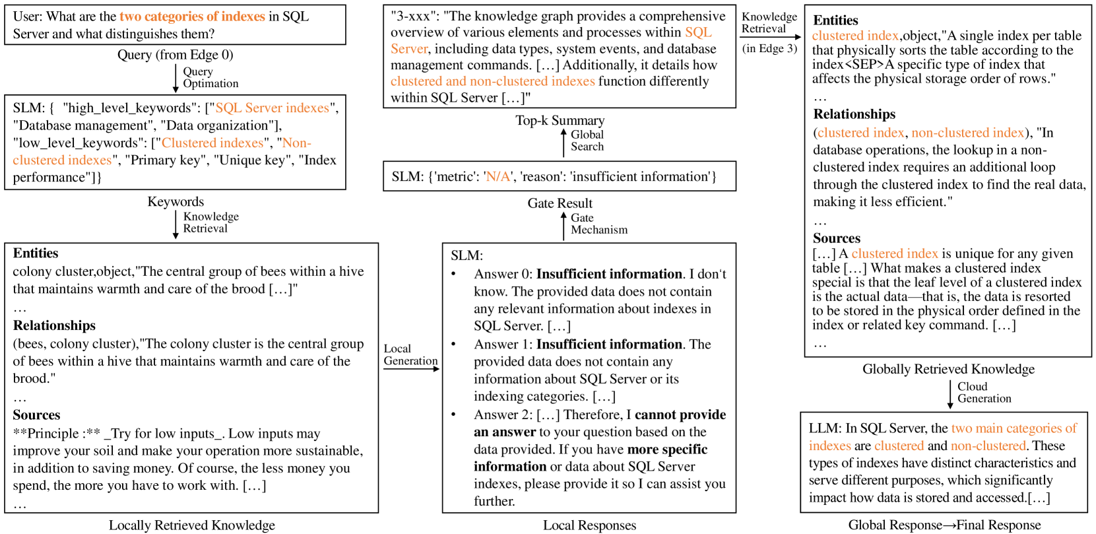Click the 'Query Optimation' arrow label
[x=210, y=77]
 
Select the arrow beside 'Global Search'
[x=564, y=142]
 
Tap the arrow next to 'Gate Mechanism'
[x=564, y=225]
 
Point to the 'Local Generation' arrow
[x=411, y=368]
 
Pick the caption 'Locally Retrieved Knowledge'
[x=192, y=525]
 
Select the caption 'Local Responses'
[x=589, y=525]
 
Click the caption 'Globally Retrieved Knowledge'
[x=948, y=369]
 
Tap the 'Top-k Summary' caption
[x=560, y=120]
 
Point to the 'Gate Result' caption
[x=560, y=203]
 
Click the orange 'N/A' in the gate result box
[x=498, y=177]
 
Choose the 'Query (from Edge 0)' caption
[x=175, y=55]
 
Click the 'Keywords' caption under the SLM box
[x=176, y=202]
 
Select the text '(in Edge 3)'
[x=769, y=48]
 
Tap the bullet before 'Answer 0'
[x=453, y=274]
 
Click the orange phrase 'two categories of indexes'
[x=192, y=17]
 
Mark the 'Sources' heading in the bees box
[x=36, y=415]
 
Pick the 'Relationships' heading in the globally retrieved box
[x=854, y=114]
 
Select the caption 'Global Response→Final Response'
[x=944, y=525]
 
